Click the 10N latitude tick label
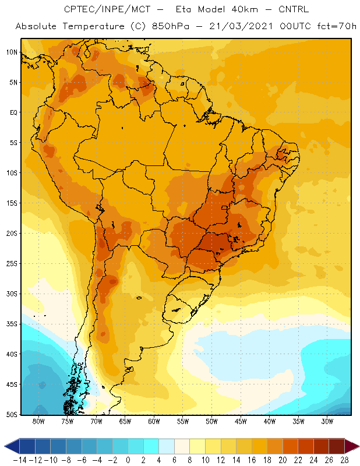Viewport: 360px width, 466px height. coord(12,52)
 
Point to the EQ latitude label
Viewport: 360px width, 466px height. coord(13,112)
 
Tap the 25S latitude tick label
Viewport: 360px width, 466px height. coord(12,264)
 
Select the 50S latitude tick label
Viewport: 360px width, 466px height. coord(12,415)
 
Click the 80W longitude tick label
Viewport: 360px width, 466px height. coord(38,421)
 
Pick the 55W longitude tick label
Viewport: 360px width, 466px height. coord(183,421)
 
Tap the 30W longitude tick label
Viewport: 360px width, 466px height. coord(327,421)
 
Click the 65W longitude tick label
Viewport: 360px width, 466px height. coord(125,421)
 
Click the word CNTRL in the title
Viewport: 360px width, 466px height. coord(294,9)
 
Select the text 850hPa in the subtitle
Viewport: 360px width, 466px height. coord(171,26)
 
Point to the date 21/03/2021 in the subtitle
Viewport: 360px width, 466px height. coord(241,26)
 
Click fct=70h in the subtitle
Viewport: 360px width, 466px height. coord(337,26)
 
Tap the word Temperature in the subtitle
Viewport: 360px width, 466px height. coord(93,26)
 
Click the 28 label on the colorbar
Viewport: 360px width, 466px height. coord(344,460)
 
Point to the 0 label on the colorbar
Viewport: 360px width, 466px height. coord(128,460)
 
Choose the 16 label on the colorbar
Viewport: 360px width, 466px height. coord(252,460)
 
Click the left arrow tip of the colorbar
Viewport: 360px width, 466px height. coord(5,446)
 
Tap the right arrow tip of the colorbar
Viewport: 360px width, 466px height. coord(359,446)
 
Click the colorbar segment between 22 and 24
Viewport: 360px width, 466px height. coord(306,446)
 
